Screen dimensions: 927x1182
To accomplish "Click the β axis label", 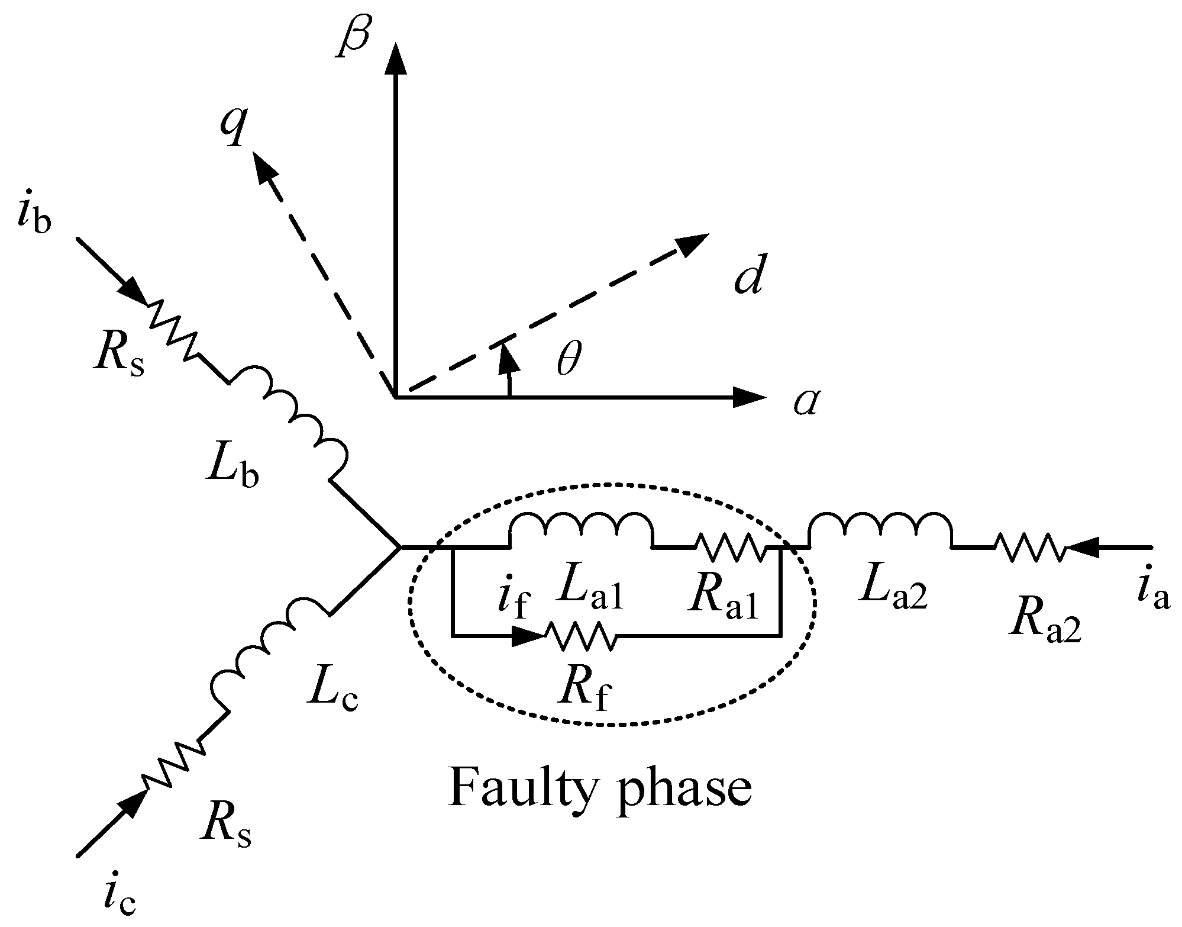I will pyautogui.click(x=354, y=37).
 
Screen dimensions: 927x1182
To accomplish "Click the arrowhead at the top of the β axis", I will pyautogui.click(x=396, y=57).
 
